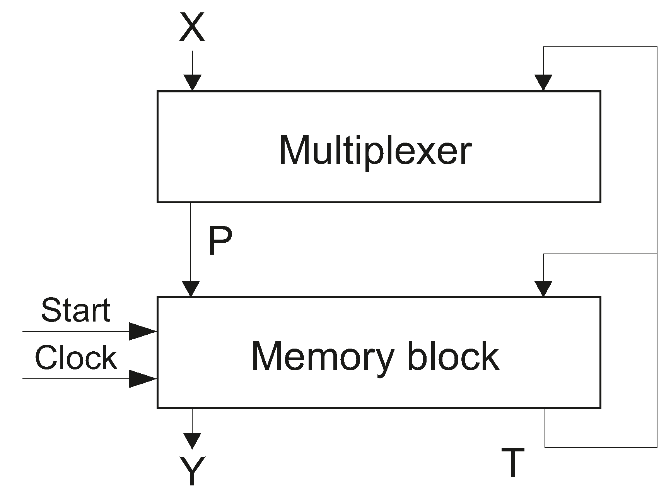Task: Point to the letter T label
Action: click(x=513, y=463)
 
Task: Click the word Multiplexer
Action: click(x=375, y=151)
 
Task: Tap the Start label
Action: click(x=76, y=310)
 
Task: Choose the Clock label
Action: click(x=76, y=358)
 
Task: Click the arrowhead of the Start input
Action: click(x=142, y=331)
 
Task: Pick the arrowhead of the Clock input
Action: click(x=142, y=378)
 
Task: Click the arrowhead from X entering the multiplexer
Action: click(x=192, y=82)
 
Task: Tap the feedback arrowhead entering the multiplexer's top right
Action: click(x=543, y=82)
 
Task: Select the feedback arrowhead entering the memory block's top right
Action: click(x=543, y=288)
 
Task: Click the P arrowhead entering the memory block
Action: click(x=191, y=288)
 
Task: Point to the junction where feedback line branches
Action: click(x=657, y=254)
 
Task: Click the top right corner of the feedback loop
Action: click(x=657, y=47)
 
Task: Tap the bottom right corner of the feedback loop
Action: click(x=657, y=447)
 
